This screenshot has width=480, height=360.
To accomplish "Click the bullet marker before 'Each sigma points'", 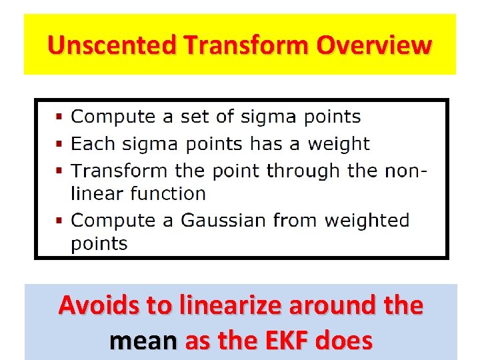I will click(59, 144).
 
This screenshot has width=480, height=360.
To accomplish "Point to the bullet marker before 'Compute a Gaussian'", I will click(59, 219).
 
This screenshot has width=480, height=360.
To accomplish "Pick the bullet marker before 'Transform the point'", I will click(59, 171).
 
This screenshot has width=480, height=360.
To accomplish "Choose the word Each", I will click(91, 144).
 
